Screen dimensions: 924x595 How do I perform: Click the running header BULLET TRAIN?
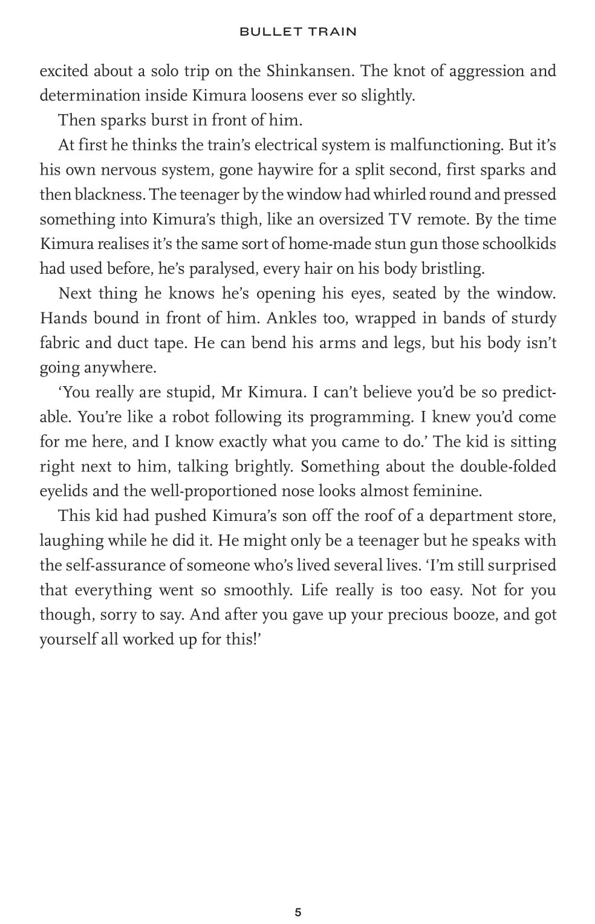point(297,32)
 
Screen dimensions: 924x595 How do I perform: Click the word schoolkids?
point(519,245)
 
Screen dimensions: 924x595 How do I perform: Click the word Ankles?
point(293,318)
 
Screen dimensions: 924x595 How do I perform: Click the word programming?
point(360,418)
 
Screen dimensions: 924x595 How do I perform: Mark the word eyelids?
point(64,491)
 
